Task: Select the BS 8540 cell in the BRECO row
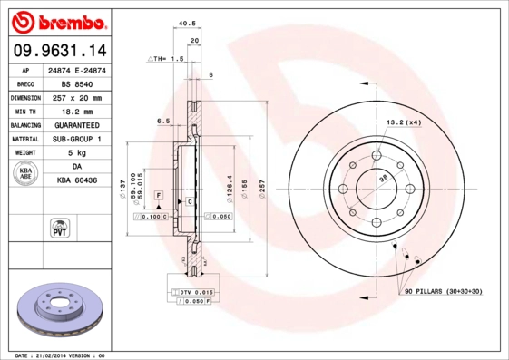click(x=77, y=83)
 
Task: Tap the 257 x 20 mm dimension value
click(x=77, y=96)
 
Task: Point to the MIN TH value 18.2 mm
click(x=77, y=111)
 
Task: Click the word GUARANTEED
click(x=77, y=125)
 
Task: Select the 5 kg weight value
click(x=77, y=153)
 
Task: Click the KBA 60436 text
click(x=77, y=181)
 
